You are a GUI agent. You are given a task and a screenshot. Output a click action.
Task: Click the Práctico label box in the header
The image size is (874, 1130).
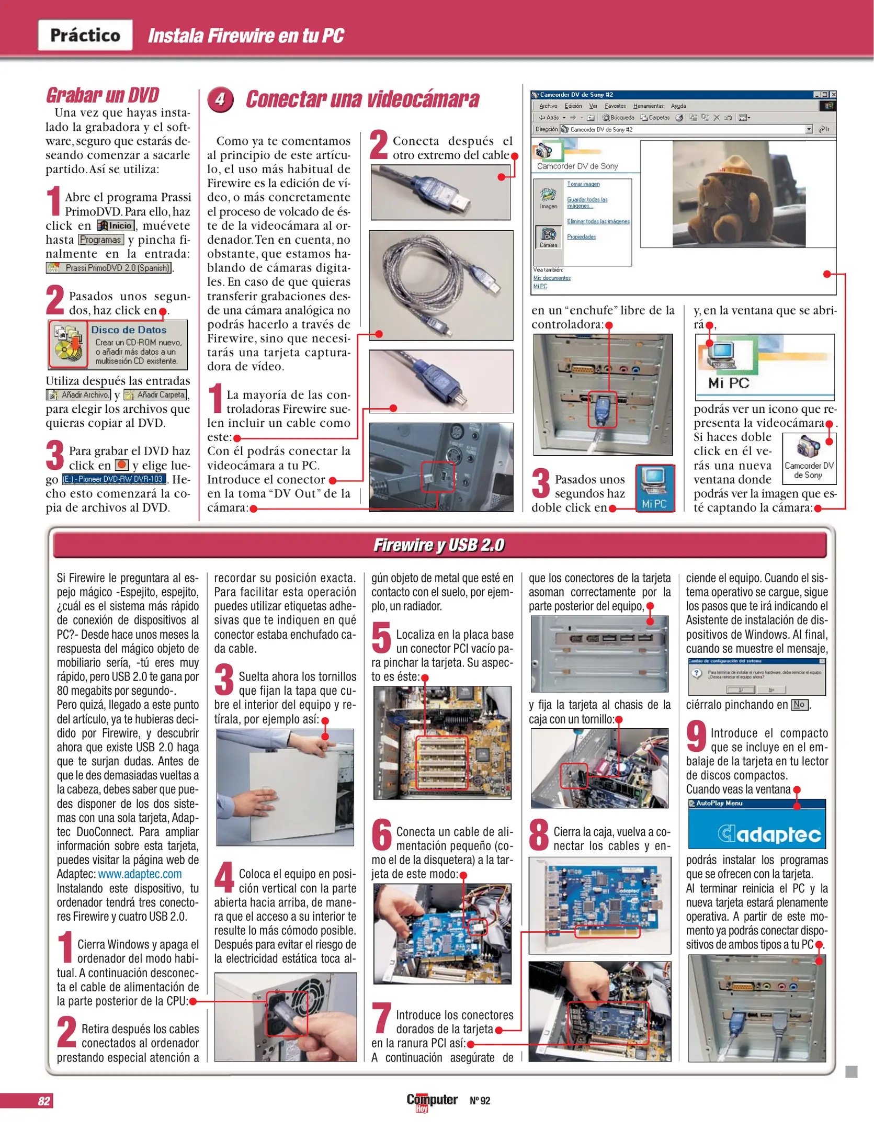(x=85, y=35)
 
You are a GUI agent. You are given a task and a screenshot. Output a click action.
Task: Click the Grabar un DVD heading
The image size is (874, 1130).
(x=103, y=95)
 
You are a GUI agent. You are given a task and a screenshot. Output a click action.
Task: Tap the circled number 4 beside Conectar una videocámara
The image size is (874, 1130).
(x=220, y=99)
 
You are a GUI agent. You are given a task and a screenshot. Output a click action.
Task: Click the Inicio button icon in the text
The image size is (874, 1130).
(x=116, y=225)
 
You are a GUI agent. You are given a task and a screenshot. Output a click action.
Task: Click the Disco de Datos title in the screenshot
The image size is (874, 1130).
(x=129, y=330)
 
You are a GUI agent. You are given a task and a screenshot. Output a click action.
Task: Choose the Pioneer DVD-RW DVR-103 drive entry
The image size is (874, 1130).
(x=114, y=479)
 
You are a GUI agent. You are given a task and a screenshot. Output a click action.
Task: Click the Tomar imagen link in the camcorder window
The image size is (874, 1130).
(x=583, y=184)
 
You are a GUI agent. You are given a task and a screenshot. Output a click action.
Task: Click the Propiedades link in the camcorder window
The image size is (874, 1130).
(x=581, y=237)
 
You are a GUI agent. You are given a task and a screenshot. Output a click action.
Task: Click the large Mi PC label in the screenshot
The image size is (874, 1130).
(x=729, y=383)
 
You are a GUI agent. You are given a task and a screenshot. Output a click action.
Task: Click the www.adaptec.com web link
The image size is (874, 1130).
(x=140, y=874)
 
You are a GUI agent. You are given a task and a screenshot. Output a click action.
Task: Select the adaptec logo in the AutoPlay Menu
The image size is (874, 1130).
(x=769, y=834)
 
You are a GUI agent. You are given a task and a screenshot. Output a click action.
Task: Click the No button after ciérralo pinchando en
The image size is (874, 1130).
(x=799, y=705)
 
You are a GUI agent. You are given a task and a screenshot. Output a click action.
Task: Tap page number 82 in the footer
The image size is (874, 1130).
(x=44, y=1101)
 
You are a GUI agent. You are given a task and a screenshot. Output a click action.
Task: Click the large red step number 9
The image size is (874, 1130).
(x=696, y=736)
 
